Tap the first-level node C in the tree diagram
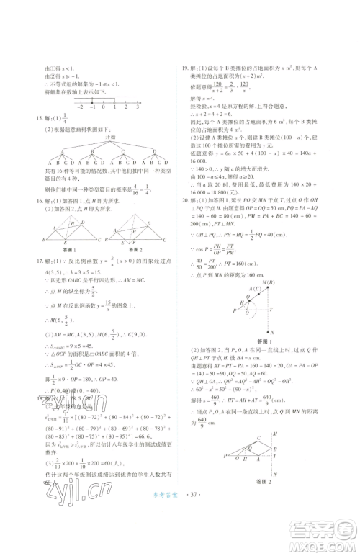[114, 151]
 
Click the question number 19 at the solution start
[184, 65]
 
